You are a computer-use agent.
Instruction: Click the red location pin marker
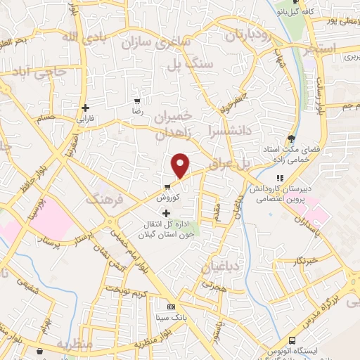click(x=181, y=165)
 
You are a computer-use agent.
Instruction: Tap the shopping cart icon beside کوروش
click(x=167, y=187)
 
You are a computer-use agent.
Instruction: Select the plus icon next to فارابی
click(x=86, y=108)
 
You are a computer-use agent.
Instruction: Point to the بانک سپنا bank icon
click(x=171, y=307)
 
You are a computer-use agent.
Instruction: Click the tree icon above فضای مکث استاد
click(x=291, y=138)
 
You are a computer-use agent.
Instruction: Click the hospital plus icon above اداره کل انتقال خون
click(x=166, y=213)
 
